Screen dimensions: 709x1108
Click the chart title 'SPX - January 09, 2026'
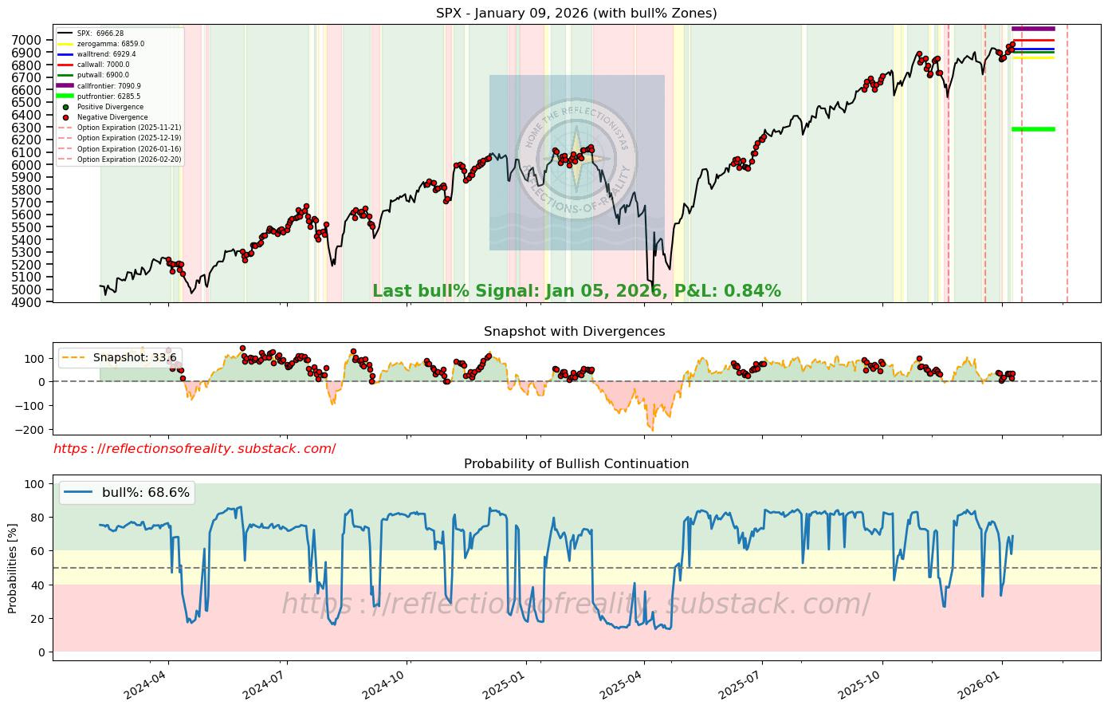(576, 13)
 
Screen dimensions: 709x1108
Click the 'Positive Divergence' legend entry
(110, 107)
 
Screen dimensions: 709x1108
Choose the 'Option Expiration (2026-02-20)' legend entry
(128, 160)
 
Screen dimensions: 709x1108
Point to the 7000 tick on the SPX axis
(31, 40)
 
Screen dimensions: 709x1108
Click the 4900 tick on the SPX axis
(31, 301)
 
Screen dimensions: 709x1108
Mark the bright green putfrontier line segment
(1033, 129)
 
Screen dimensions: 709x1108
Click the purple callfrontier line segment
(1033, 29)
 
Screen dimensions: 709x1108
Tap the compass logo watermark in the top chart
(576, 160)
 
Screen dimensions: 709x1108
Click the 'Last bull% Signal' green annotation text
(576, 291)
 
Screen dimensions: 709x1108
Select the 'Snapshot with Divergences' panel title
(574, 331)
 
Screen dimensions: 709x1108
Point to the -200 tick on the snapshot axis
(31, 430)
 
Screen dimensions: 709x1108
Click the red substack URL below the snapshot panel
(194, 449)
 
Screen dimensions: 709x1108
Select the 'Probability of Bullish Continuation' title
(576, 463)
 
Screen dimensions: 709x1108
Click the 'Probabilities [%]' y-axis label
(12, 568)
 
